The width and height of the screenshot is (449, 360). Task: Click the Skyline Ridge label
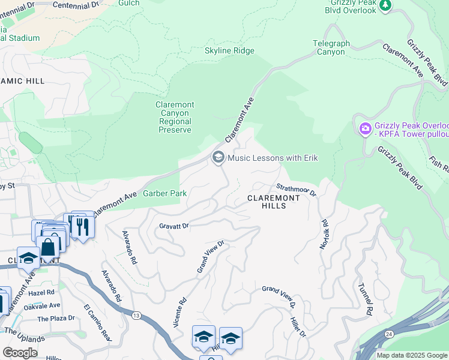[x=229, y=51]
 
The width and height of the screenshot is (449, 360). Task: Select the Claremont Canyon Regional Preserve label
[x=175, y=117]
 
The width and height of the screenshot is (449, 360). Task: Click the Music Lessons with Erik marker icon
[x=218, y=157]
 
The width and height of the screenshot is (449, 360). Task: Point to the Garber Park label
[x=165, y=193]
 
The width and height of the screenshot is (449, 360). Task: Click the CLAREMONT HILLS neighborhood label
[x=274, y=201]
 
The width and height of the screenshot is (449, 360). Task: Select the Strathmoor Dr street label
[x=296, y=189]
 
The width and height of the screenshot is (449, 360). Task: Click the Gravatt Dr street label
[x=175, y=226]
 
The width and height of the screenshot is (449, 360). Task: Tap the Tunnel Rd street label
[x=365, y=299]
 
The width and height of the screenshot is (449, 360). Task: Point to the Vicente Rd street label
[x=178, y=313]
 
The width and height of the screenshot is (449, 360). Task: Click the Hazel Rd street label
[x=41, y=292]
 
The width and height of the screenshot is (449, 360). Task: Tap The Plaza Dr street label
[x=56, y=319]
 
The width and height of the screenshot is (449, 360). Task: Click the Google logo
[x=20, y=353]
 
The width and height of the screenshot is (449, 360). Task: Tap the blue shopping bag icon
[x=47, y=245]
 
